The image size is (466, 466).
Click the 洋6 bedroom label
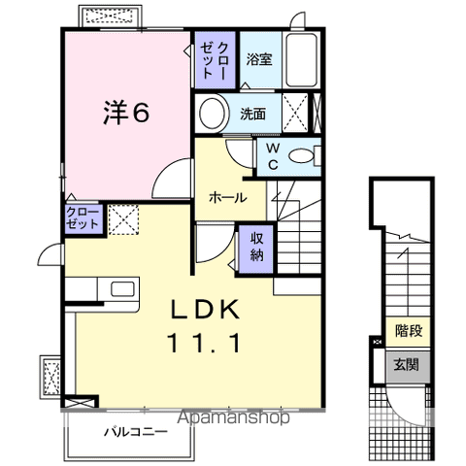(126, 112)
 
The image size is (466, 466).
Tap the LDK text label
(206, 310)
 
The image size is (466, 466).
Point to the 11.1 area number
(204, 343)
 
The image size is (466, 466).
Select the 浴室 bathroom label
(259, 59)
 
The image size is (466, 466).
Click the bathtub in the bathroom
(302, 59)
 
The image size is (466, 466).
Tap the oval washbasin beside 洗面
(213, 114)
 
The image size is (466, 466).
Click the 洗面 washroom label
(253, 114)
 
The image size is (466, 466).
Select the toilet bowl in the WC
(302, 156)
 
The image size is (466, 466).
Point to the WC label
(274, 156)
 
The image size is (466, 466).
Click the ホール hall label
(228, 197)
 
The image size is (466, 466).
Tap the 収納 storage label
(257, 248)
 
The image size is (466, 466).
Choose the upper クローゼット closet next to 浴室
(215, 59)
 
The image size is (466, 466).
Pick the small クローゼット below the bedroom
(83, 218)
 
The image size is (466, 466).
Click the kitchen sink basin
(122, 288)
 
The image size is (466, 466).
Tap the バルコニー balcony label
(136, 432)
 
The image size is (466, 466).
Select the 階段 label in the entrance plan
(409, 331)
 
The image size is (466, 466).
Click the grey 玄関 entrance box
(408, 366)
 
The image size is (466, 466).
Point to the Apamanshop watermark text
(233, 417)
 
